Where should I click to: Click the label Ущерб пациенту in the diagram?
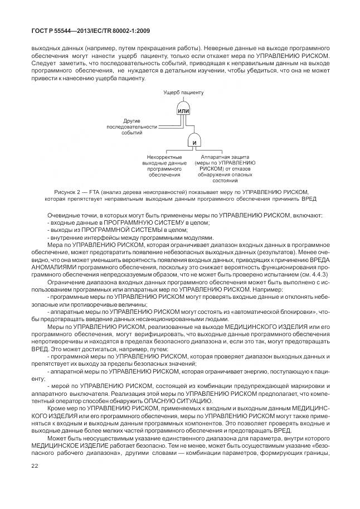(183, 92)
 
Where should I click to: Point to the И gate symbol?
(194, 143)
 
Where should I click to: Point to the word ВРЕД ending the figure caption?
(308, 198)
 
